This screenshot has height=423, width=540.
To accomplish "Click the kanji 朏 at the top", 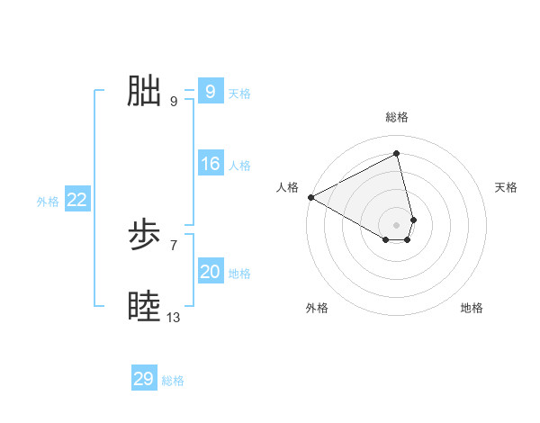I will [x=144, y=92].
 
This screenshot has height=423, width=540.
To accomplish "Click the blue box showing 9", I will [x=210, y=92].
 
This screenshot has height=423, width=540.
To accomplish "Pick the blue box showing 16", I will [x=210, y=164].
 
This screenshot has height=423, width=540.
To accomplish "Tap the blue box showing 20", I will [x=210, y=272].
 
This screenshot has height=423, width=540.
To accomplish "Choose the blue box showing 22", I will [x=76, y=200].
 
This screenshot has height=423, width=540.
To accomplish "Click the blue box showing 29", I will [x=143, y=379].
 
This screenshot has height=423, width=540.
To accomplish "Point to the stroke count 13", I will [x=174, y=318].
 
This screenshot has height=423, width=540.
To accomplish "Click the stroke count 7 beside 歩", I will [x=174, y=245].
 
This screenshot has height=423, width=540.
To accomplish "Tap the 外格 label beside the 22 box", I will [x=48, y=202].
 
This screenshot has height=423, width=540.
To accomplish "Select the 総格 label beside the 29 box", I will [x=173, y=381].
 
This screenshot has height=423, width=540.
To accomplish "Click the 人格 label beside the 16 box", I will [x=239, y=166].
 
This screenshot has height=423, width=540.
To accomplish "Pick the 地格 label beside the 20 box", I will [x=239, y=274].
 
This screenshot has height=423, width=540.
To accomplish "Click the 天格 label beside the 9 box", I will [x=239, y=94].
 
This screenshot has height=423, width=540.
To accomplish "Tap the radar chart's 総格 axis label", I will [x=397, y=117].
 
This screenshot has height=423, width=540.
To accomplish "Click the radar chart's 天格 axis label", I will [x=506, y=187].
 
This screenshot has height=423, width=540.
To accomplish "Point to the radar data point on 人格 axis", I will [x=310, y=196].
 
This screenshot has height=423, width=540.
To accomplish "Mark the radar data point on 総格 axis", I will [x=397, y=154].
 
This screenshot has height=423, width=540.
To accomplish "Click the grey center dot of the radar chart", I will [x=397, y=224].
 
